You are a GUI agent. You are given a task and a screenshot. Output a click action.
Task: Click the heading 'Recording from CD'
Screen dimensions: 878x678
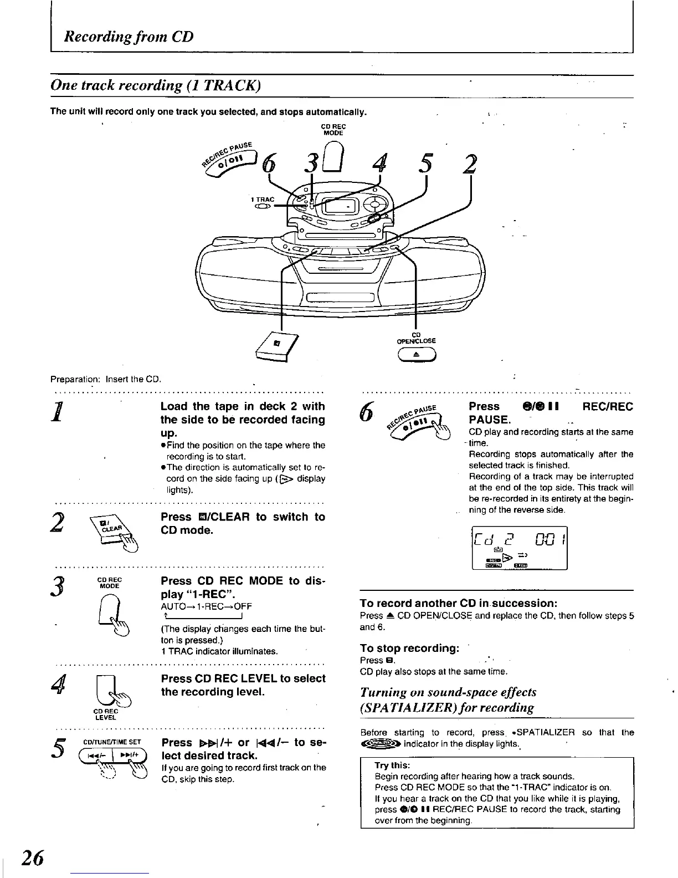tap(129, 37)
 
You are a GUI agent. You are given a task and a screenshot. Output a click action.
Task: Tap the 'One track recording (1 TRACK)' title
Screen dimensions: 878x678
tap(155, 85)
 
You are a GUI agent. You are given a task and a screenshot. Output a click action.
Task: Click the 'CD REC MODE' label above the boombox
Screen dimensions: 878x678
tap(333, 130)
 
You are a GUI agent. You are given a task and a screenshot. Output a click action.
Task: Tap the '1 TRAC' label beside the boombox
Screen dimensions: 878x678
tap(262, 200)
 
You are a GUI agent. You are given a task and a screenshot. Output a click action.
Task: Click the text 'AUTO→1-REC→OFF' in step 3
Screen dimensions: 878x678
tap(206, 606)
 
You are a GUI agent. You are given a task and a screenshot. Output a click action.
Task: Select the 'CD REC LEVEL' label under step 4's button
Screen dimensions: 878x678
tap(105, 714)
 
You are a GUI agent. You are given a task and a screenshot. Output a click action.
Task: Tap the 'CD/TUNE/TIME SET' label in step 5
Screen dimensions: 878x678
tap(112, 742)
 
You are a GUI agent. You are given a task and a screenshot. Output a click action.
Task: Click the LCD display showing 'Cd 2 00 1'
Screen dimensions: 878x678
tap(519, 548)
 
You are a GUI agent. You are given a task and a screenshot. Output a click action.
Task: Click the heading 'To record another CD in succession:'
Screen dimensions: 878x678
tap(458, 603)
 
